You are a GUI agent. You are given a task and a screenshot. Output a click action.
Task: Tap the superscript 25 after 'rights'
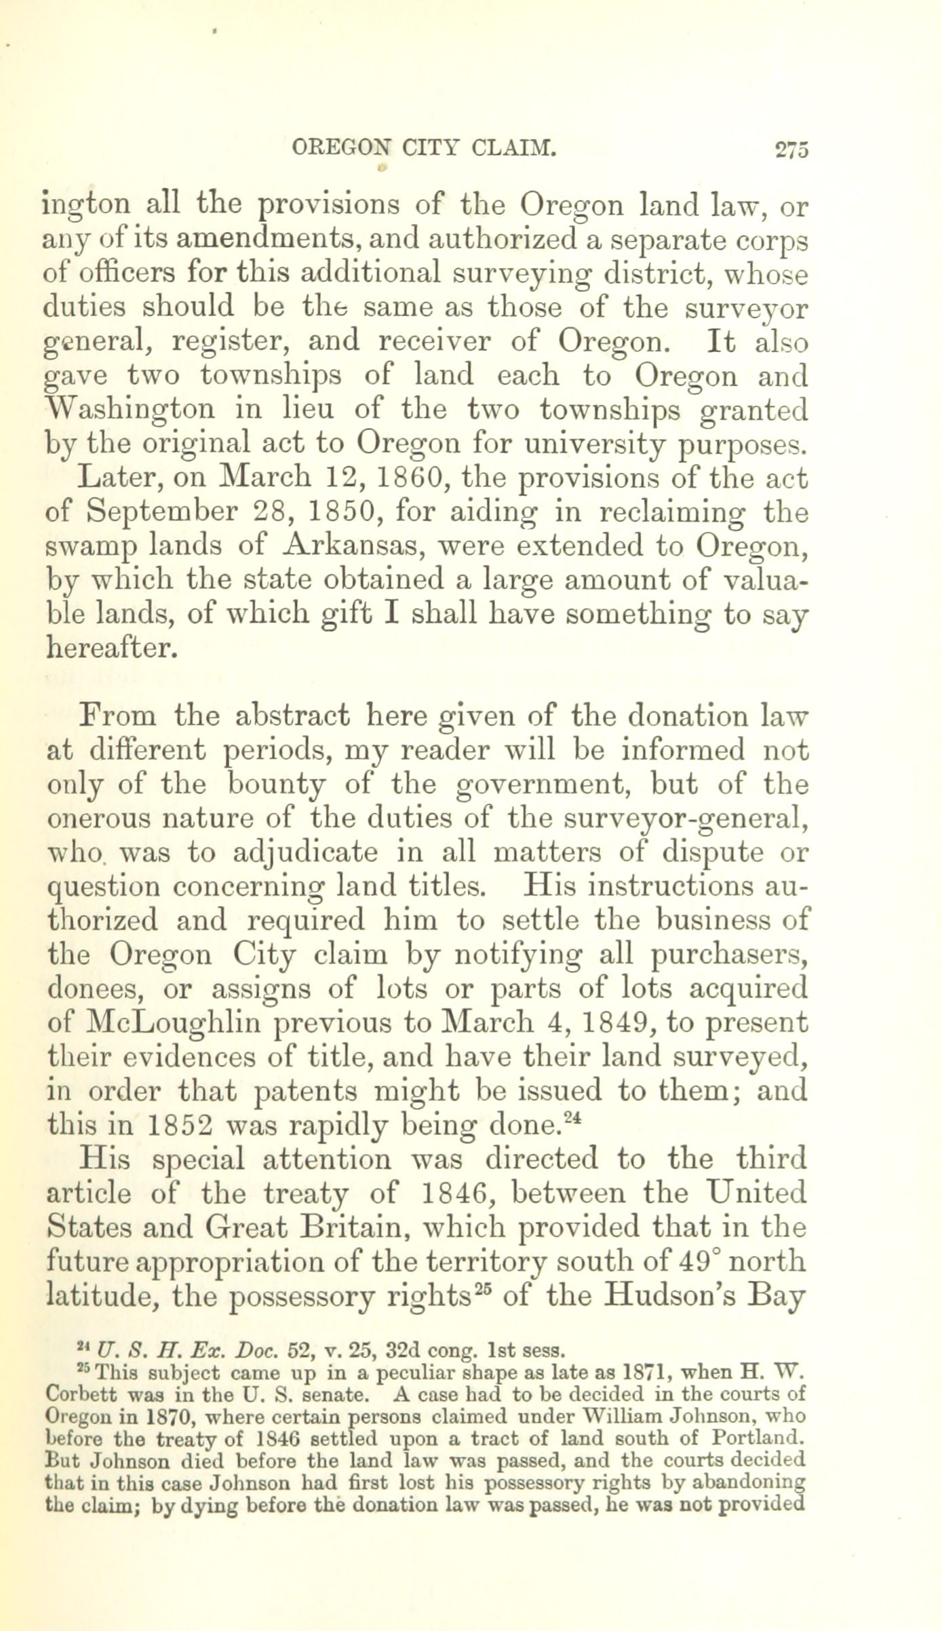tap(482, 1289)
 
